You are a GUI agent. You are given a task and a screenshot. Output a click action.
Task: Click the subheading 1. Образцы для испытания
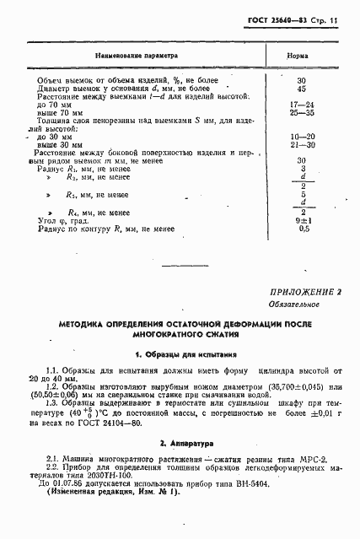180,355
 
